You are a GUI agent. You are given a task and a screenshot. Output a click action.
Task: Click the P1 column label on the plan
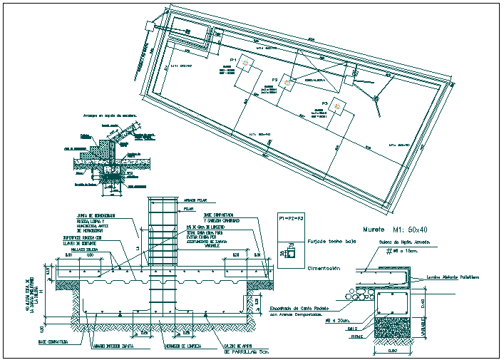[x=232, y=61]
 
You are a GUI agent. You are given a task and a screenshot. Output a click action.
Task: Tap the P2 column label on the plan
[x=274, y=80]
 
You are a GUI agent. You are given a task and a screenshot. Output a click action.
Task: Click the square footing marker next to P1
[x=245, y=64]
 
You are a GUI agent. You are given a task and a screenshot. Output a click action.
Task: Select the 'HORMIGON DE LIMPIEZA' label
[x=182, y=346]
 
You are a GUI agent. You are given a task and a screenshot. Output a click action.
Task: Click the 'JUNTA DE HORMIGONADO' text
[x=96, y=215]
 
